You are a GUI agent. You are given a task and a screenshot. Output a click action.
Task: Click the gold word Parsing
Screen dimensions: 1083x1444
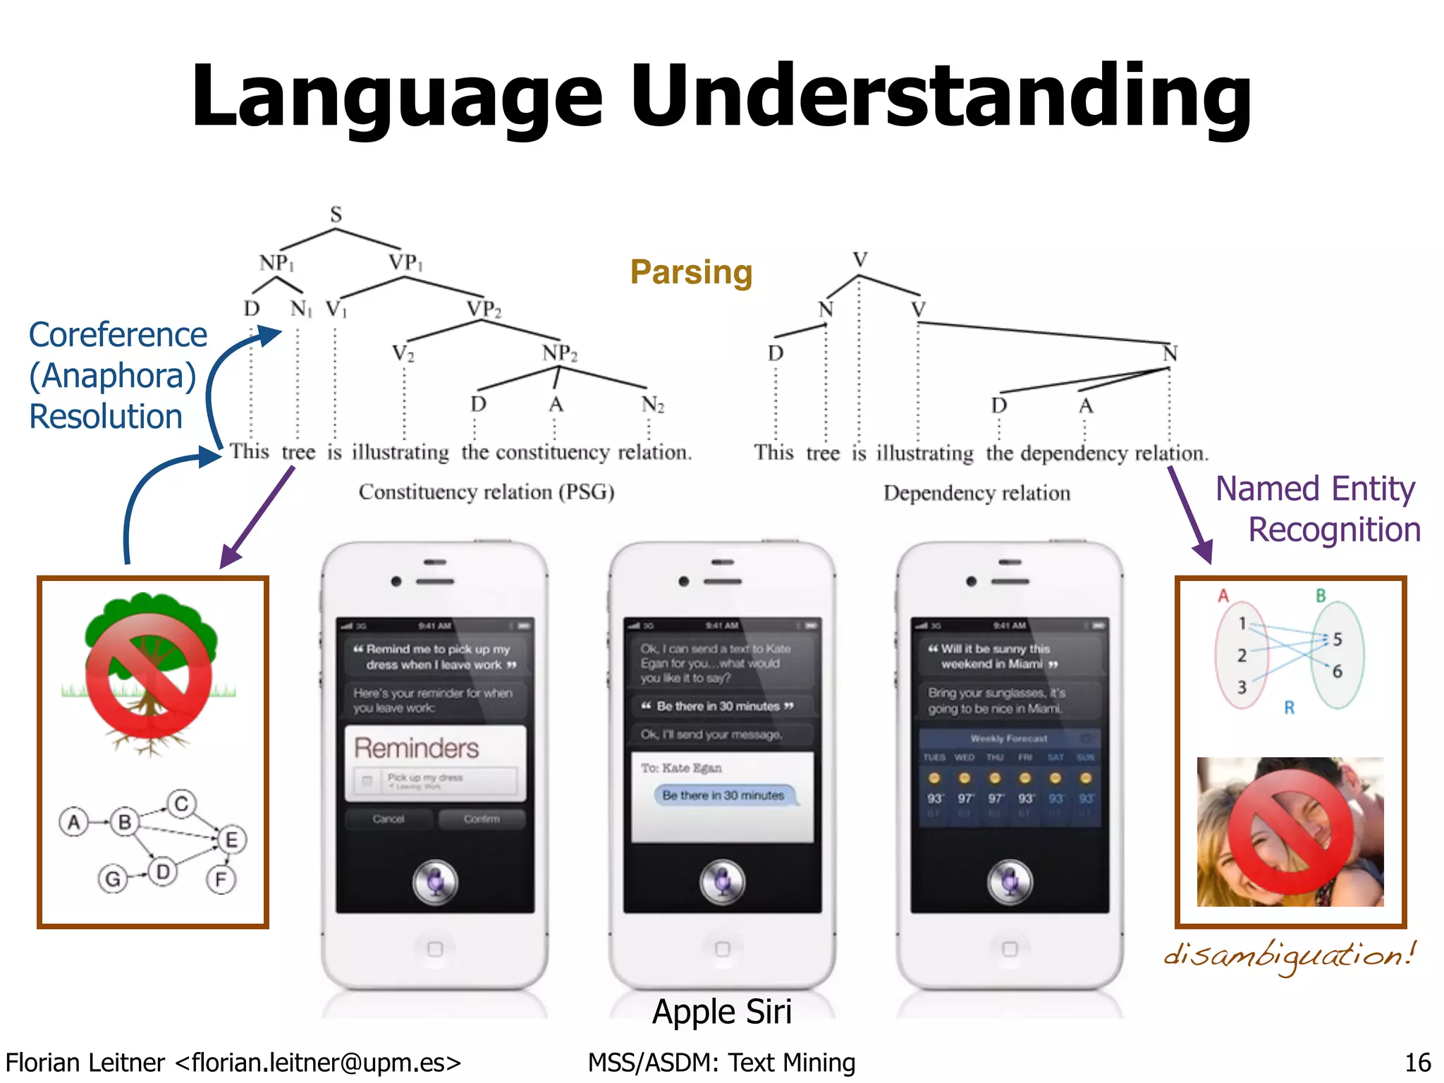click(x=691, y=272)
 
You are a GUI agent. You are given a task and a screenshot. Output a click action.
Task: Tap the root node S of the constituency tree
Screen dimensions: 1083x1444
click(x=336, y=214)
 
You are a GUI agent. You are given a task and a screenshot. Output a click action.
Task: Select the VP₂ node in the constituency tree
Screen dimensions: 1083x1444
click(x=484, y=309)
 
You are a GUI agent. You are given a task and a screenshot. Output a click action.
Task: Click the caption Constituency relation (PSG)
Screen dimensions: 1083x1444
click(x=487, y=491)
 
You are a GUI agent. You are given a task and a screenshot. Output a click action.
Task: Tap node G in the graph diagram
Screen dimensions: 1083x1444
click(x=113, y=879)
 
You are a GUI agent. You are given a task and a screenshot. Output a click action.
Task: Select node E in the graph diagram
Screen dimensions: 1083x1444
click(x=231, y=840)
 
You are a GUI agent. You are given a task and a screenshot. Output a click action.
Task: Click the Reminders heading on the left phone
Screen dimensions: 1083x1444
click(x=416, y=748)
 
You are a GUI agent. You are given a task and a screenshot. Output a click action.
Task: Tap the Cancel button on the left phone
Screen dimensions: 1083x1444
click(x=388, y=819)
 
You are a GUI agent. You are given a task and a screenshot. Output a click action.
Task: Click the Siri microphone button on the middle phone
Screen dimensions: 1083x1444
click(x=722, y=881)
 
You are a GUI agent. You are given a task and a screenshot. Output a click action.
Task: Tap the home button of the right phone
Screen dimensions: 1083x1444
click(x=1010, y=948)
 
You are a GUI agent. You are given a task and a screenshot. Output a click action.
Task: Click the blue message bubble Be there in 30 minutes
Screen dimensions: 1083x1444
click(x=723, y=795)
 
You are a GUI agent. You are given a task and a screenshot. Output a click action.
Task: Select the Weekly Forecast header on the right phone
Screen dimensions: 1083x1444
click(x=1009, y=738)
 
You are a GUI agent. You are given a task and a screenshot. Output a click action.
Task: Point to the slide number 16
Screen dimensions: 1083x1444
click(x=1417, y=1063)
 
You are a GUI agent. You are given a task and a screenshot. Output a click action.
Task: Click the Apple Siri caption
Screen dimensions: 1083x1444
click(x=722, y=1012)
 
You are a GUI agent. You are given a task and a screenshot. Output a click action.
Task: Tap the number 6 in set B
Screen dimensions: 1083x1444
click(x=1337, y=671)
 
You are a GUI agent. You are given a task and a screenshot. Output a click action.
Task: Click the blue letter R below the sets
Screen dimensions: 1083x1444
click(x=1289, y=707)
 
